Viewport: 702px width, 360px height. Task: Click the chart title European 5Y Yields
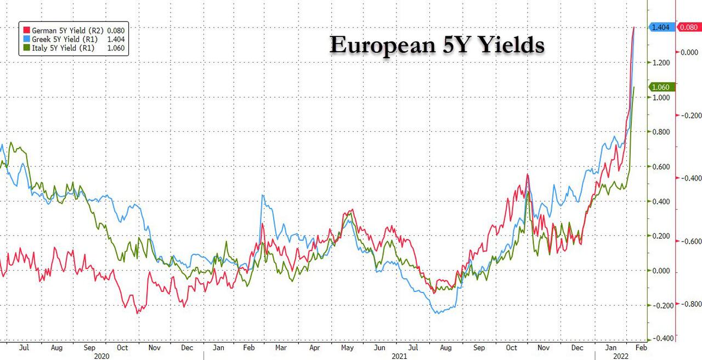[x=437, y=45]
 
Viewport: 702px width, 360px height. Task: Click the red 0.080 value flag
[x=689, y=27]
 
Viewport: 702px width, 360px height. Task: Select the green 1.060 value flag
[x=660, y=87]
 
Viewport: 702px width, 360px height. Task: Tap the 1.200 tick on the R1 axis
[x=661, y=63]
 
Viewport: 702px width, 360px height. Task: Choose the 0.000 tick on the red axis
[x=689, y=52]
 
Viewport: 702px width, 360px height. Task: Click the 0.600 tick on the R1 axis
[x=661, y=167]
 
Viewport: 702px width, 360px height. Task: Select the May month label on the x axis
[x=348, y=348]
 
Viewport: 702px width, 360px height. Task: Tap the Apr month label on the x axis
[x=315, y=348]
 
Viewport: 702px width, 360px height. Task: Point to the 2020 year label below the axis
[x=102, y=356]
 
